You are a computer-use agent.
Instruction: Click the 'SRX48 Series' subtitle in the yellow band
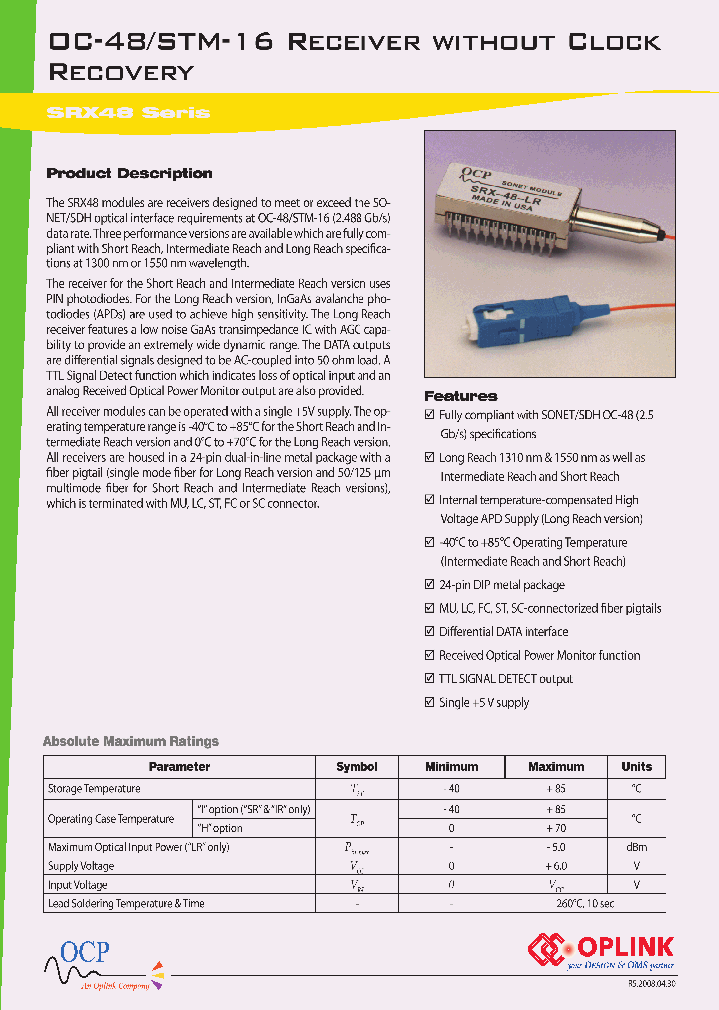coord(128,112)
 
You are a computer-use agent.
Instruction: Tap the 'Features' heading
coord(461,396)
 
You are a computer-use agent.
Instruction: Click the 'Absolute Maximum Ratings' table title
coord(130,741)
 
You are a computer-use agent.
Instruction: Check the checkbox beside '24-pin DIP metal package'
coord(430,585)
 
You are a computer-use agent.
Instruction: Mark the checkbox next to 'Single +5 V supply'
coord(430,702)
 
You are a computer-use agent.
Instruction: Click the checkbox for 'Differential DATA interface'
coord(430,632)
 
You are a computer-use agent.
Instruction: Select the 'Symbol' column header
coord(357,767)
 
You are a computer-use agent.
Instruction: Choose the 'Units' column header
coord(636,767)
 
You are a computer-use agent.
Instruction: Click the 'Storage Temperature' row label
coord(94,789)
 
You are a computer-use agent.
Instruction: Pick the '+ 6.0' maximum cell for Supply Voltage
coord(555,866)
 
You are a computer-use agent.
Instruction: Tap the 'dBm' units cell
coord(636,847)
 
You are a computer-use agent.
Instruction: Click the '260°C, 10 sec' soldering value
coord(555,904)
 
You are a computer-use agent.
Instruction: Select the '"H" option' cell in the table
coord(219,828)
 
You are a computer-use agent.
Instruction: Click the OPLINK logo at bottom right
coord(601,950)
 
